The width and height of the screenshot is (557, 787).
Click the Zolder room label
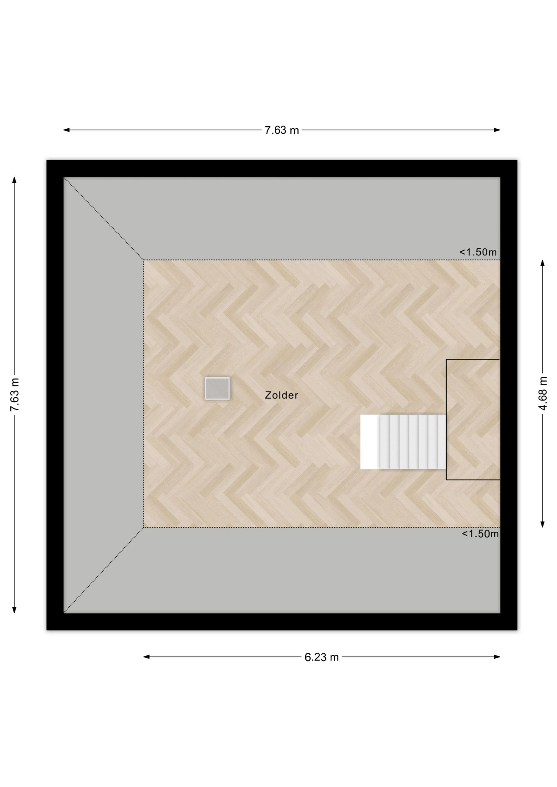(281, 395)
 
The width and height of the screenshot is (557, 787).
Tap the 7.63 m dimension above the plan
(281, 130)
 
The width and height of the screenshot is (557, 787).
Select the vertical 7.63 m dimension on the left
(14, 394)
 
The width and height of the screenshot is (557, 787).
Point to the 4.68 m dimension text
(543, 393)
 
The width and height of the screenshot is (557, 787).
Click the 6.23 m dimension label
(322, 657)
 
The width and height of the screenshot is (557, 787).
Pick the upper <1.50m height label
(478, 252)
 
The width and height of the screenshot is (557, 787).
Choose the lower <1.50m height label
(480, 534)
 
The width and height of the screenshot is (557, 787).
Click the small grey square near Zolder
(217, 388)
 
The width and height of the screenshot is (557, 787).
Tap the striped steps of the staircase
(413, 442)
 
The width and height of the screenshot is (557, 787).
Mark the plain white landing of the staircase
(370, 442)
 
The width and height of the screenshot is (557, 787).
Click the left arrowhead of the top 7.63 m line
(66, 130)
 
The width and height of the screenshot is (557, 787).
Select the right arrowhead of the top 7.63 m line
(497, 130)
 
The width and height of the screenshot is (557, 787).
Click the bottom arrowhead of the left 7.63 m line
(14, 610)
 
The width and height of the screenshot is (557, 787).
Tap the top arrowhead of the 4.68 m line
(543, 263)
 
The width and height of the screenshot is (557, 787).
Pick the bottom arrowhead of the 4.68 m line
(543, 524)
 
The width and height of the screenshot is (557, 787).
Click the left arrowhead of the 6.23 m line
(146, 657)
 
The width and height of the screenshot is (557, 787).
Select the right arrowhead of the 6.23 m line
(497, 657)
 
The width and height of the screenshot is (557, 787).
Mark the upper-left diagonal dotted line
(104, 218)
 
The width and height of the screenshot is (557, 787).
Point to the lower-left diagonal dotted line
(104, 570)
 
